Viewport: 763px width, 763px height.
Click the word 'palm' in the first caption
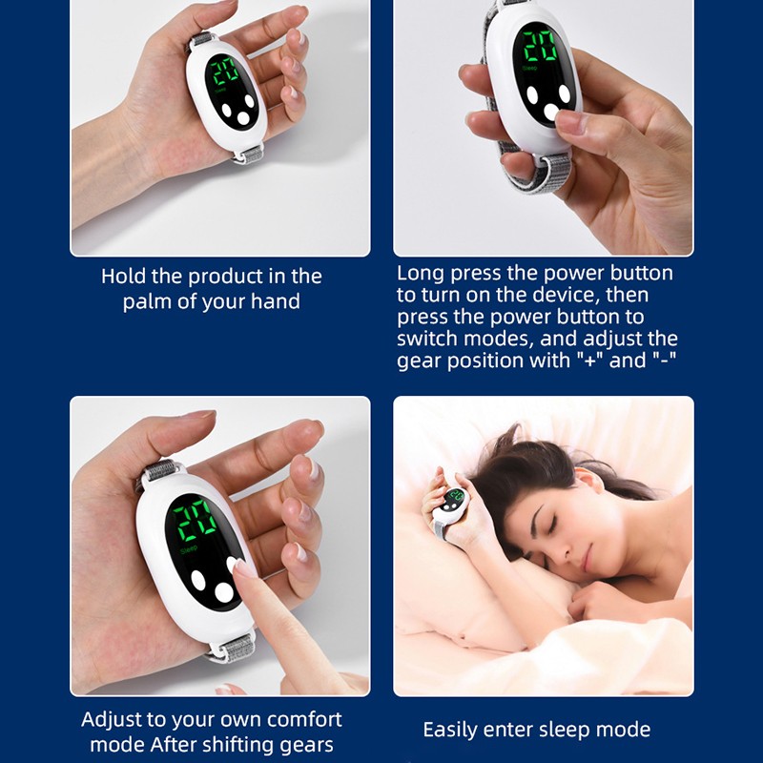click(x=147, y=302)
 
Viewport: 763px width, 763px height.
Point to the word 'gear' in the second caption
click(x=418, y=361)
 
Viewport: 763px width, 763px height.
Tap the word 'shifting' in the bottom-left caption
click(x=254, y=745)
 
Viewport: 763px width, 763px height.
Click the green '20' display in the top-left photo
click(x=226, y=72)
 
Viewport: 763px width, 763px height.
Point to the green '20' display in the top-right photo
click(x=540, y=47)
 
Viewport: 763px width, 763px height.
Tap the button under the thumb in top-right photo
click(x=552, y=113)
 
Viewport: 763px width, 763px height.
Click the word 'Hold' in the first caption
click(x=123, y=278)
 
